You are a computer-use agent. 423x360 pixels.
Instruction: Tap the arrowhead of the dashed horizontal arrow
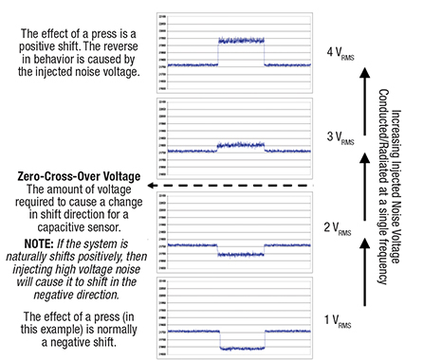[141, 185]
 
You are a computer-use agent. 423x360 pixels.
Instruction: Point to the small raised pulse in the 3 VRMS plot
[241, 145]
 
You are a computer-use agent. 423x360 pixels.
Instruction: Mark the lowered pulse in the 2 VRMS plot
[241, 255]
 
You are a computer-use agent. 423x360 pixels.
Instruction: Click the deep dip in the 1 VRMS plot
[241, 347]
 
